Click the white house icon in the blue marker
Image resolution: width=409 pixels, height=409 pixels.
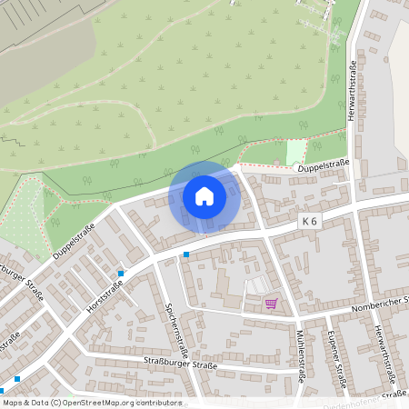[x=204, y=196]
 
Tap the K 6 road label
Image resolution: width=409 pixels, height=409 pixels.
[x=311, y=221]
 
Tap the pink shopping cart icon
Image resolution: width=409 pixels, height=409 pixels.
[x=270, y=304]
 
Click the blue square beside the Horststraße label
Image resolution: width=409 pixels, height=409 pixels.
[x=121, y=273]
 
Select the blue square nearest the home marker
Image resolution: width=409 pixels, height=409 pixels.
[x=185, y=254]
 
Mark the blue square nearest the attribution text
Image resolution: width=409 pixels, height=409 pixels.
[x=17, y=379]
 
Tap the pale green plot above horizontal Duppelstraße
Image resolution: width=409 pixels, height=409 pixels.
[x=296, y=152]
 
